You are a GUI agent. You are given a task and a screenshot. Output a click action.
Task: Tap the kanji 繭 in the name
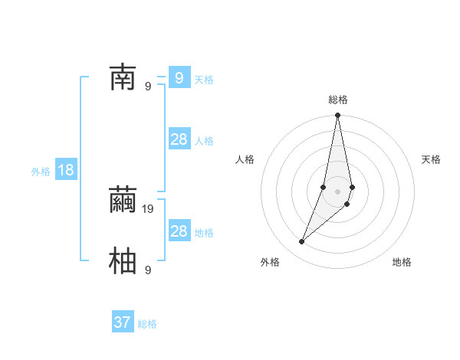pos(123,201)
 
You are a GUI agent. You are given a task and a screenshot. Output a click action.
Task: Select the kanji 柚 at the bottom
pos(123,260)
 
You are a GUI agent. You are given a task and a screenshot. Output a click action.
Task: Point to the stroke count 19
pos(149,208)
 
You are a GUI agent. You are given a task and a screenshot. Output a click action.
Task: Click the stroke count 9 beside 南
pos(148,86)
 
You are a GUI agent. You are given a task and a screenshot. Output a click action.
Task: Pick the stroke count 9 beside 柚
pos(148,270)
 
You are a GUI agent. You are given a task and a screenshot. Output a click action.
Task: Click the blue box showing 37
pos(123,322)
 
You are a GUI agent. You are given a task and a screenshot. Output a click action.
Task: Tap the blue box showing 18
pos(66,170)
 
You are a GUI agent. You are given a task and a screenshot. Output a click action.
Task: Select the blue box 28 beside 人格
pos(179,139)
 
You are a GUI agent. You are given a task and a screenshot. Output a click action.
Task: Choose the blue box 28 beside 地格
pos(179,231)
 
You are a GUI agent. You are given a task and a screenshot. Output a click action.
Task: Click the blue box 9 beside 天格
pos(179,77)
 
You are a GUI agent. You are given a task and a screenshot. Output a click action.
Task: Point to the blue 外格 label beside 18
pos(41,172)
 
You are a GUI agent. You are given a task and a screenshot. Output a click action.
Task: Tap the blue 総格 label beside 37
pos(147,324)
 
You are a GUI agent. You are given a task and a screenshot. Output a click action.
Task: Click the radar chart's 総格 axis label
pos(338,100)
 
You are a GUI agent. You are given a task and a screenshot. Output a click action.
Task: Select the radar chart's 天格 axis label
pos(431,159)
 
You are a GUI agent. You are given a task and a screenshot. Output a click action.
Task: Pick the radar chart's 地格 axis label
pos(402,262)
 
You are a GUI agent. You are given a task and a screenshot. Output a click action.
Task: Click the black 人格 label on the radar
pos(245,159)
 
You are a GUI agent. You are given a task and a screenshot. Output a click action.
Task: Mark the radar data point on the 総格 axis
pos(338,116)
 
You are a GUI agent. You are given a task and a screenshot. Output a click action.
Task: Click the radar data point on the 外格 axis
pos(302,242)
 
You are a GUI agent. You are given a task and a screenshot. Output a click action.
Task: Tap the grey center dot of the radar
pos(338,191)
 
